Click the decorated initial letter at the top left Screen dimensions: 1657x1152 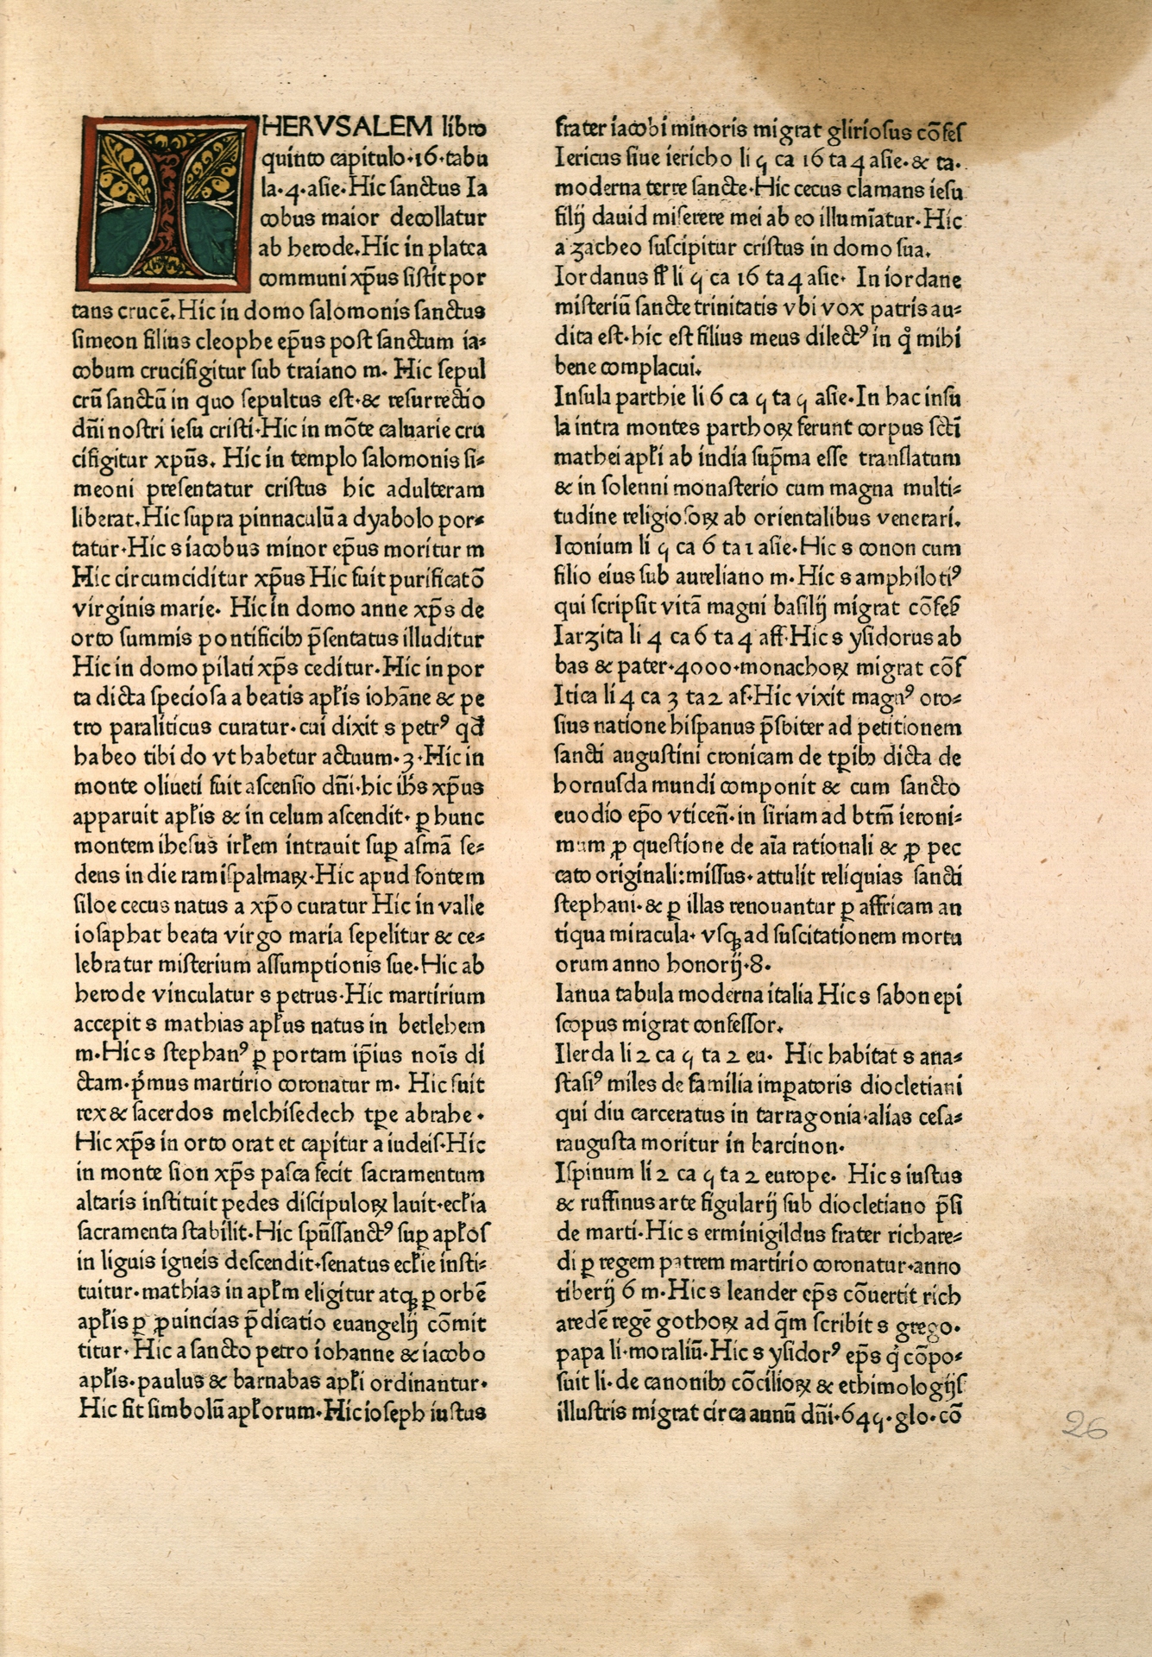pyautogui.click(x=164, y=203)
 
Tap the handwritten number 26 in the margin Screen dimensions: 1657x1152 pyautogui.click(x=1085, y=1425)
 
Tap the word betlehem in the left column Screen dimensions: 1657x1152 pyautogui.click(x=444, y=1025)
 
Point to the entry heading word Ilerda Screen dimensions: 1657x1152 pyautogui.click(x=580, y=1055)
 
